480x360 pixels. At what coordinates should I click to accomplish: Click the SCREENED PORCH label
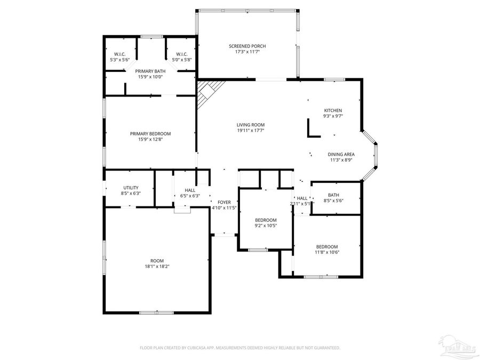click(x=247, y=46)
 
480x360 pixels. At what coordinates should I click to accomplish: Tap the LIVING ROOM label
click(x=251, y=125)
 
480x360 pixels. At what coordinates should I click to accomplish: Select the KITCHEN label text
click(x=333, y=110)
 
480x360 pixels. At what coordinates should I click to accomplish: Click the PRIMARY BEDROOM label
click(x=150, y=134)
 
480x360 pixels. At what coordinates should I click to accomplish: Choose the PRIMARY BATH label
click(x=150, y=71)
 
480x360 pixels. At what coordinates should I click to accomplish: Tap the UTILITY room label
click(x=131, y=188)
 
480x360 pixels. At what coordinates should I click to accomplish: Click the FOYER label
click(x=224, y=202)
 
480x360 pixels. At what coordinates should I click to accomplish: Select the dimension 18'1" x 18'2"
click(x=157, y=266)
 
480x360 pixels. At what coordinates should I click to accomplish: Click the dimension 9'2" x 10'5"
click(x=266, y=226)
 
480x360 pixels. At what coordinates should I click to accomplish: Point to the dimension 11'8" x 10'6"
click(x=327, y=252)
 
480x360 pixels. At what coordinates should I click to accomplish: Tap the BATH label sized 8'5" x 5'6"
click(x=333, y=195)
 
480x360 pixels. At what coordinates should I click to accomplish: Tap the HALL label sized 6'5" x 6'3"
click(x=190, y=190)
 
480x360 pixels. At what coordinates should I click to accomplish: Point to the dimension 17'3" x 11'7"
click(x=247, y=52)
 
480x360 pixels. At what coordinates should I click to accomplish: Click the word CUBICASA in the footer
click(x=198, y=348)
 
